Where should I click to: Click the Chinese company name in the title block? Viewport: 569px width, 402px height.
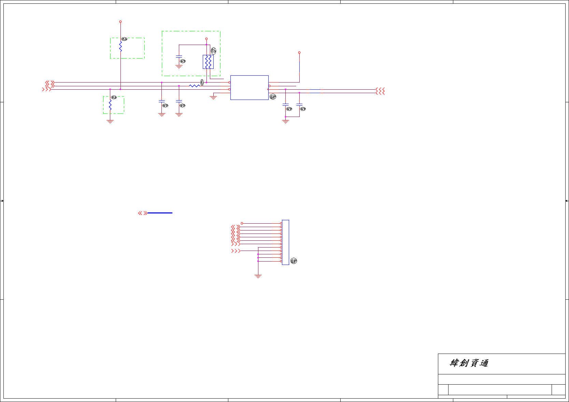pos(469,363)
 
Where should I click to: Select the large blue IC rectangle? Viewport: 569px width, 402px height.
pos(249,88)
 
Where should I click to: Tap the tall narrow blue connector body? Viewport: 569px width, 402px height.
pos(285,242)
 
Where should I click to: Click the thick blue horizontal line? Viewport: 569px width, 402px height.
pos(160,213)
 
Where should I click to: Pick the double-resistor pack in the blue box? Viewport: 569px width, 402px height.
pos(208,62)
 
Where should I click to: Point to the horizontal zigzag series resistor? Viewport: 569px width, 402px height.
pos(194,86)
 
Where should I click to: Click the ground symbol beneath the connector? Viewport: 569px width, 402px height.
pos(258,276)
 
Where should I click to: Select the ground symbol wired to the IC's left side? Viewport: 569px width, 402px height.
pos(213,98)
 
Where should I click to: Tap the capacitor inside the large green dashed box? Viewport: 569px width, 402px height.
pos(179,56)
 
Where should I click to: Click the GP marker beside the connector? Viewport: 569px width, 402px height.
pos(294,261)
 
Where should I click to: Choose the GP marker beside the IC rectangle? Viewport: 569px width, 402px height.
pos(273,97)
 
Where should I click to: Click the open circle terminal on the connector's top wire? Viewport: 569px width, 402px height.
pos(242,223)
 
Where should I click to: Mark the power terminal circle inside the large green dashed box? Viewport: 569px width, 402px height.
pos(206,39)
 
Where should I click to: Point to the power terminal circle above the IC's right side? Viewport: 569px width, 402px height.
pos(299,53)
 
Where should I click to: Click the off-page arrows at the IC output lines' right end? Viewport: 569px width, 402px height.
pos(380,91)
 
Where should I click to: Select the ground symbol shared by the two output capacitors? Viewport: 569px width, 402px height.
pos(286,121)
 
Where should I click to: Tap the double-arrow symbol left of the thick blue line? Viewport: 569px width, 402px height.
pos(143,213)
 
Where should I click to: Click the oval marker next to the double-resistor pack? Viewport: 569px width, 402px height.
pos(213,51)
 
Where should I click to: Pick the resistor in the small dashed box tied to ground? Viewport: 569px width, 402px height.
pos(110,105)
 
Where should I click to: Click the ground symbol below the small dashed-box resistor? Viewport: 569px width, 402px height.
pos(110,121)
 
